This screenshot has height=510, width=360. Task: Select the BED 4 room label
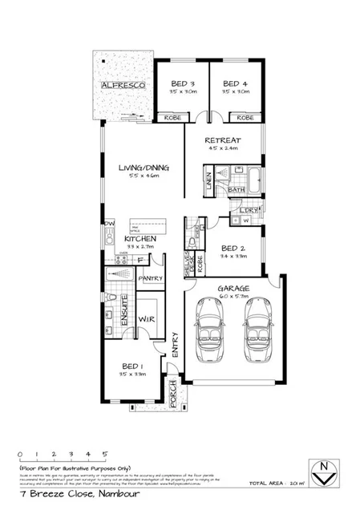236,83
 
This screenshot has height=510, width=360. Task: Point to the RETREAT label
223,139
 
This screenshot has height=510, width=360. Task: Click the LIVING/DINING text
142,168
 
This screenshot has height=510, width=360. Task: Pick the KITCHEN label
139,239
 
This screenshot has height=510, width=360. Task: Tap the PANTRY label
151,278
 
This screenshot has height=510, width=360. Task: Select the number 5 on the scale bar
104,453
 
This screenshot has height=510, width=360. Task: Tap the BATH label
236,189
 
